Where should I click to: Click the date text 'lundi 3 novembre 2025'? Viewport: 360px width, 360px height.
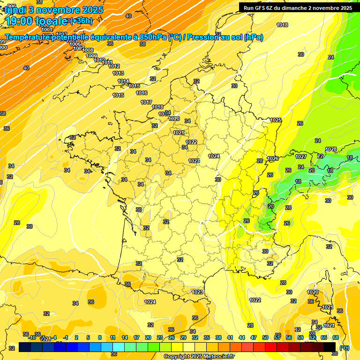54,9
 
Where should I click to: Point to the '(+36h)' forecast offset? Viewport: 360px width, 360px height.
81,21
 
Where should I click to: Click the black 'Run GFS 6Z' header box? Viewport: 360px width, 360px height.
298,7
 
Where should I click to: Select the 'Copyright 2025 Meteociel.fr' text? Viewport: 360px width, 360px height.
199,356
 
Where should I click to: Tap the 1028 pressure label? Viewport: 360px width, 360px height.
331,150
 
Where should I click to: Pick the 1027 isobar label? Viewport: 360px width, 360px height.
301,157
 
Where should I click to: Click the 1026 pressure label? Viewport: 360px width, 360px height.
273,158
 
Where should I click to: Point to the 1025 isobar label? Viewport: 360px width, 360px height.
276,120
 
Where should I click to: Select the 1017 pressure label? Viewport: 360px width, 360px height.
146,102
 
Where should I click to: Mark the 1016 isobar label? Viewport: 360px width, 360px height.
142,93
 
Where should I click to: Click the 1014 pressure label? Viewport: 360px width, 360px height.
123,81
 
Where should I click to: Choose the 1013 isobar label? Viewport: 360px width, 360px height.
118,73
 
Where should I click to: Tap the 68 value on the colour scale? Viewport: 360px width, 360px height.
336,337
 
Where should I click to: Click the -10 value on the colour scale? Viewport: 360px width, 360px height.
32,337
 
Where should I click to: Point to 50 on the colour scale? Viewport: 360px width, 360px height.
265,337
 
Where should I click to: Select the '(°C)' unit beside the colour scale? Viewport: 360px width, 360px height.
345,347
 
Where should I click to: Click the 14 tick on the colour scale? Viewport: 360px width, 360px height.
125,337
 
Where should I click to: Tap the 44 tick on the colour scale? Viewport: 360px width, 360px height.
242,337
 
